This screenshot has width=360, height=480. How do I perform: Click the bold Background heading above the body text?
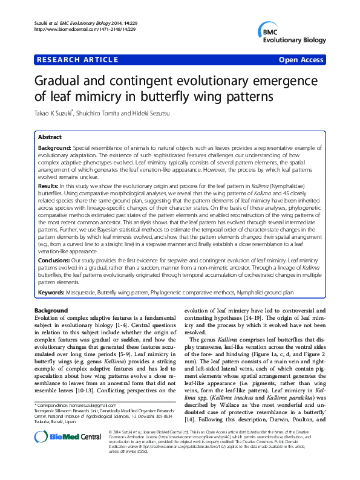51,310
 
